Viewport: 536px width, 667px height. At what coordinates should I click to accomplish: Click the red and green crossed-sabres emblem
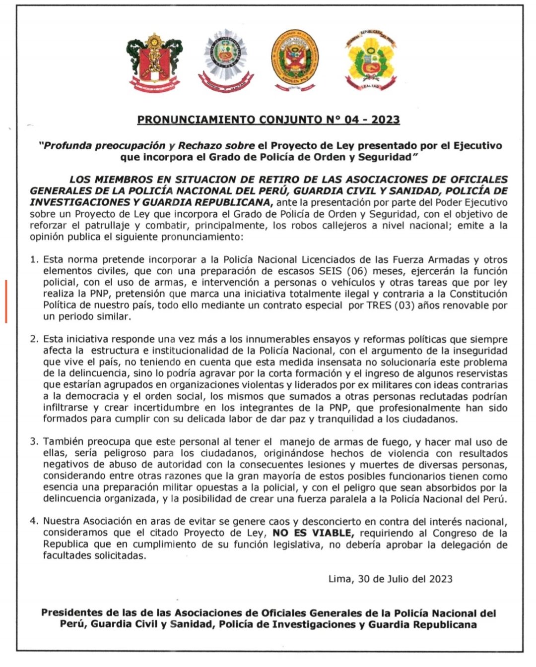pos(154,62)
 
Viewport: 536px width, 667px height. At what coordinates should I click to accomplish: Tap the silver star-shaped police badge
pos(226,61)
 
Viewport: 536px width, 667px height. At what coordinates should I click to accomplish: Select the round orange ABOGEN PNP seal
pos(295,61)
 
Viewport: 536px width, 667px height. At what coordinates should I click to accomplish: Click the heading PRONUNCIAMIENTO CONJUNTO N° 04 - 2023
pos(268,120)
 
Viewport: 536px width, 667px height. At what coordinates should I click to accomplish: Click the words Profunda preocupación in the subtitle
pos(105,146)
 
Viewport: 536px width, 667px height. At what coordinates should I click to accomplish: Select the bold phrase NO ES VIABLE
pos(313,533)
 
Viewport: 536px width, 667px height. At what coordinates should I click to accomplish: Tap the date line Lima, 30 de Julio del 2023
pos(390,579)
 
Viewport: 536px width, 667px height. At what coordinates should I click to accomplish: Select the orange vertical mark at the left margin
pos(6,302)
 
